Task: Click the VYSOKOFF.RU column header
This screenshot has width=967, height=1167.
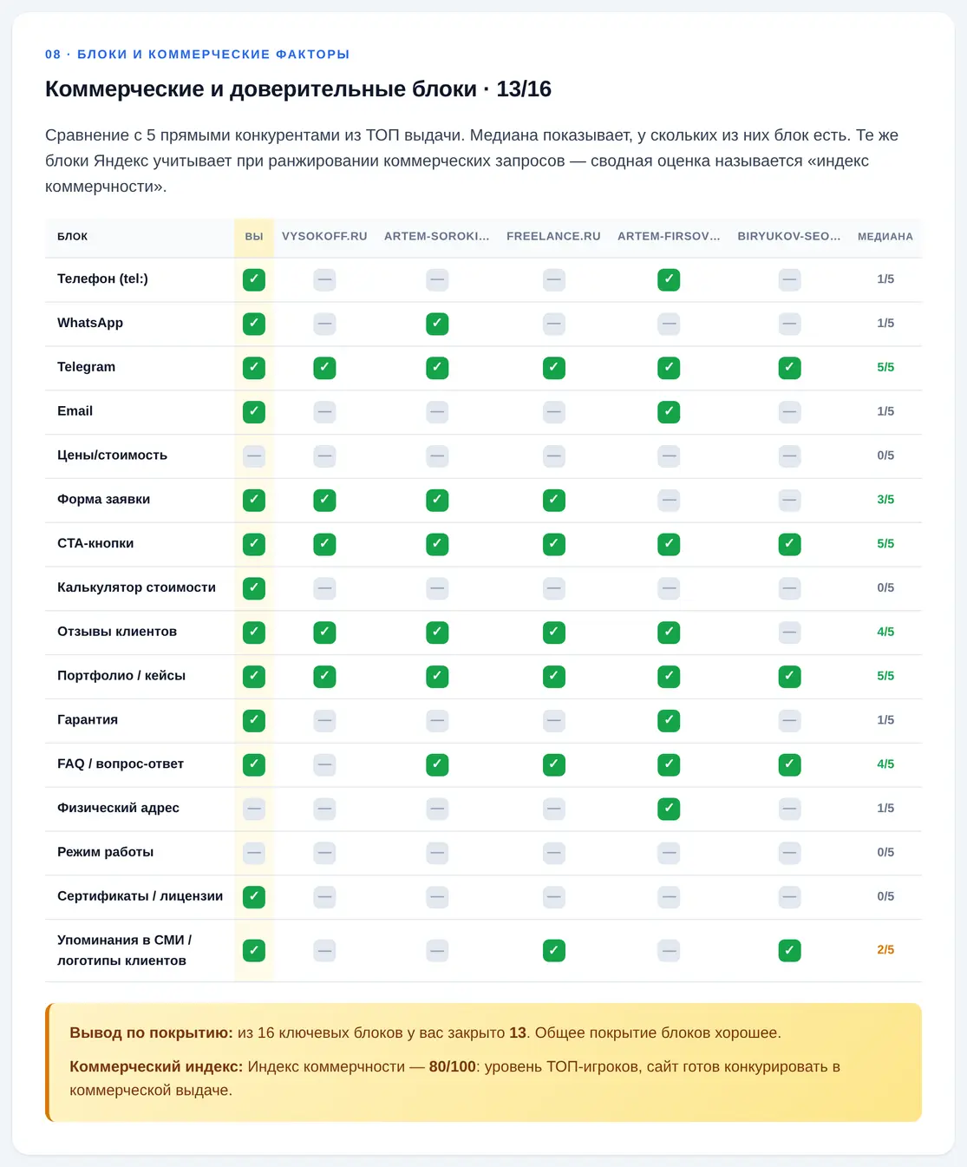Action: point(324,236)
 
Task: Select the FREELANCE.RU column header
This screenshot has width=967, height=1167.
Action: point(553,236)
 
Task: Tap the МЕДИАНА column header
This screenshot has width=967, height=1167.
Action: point(885,236)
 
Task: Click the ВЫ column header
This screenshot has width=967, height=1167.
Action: point(253,236)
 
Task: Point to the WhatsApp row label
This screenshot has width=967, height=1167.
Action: point(90,323)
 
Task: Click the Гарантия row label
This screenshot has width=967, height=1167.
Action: point(87,720)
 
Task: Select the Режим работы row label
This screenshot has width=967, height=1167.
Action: point(105,852)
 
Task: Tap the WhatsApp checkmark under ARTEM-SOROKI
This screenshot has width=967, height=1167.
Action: point(437,324)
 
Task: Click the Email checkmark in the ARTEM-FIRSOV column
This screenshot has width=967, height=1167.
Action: point(668,412)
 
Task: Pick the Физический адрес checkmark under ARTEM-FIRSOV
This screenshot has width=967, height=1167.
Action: point(668,809)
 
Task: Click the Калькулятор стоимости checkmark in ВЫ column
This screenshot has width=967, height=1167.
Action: point(253,588)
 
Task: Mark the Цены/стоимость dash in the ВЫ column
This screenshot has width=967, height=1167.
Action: point(253,456)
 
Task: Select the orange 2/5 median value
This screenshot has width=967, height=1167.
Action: point(885,949)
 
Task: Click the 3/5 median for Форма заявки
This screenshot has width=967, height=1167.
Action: point(885,499)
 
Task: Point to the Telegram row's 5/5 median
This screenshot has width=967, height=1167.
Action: point(885,367)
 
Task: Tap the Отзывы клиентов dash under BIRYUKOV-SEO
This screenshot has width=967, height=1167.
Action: point(789,633)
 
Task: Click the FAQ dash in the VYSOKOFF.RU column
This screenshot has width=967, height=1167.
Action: point(324,764)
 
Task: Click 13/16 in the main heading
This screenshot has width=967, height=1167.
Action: point(524,89)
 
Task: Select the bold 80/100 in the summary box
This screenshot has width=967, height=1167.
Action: point(452,1066)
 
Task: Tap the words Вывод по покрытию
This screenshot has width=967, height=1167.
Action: point(151,1033)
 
